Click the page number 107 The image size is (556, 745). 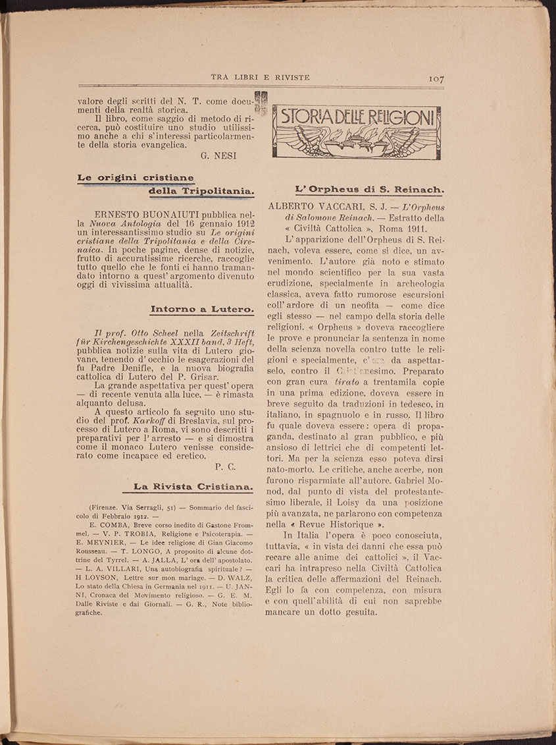point(436,78)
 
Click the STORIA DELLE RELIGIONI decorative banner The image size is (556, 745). point(356,132)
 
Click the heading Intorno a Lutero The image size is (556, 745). point(202,308)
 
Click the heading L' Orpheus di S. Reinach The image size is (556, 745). point(369,189)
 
